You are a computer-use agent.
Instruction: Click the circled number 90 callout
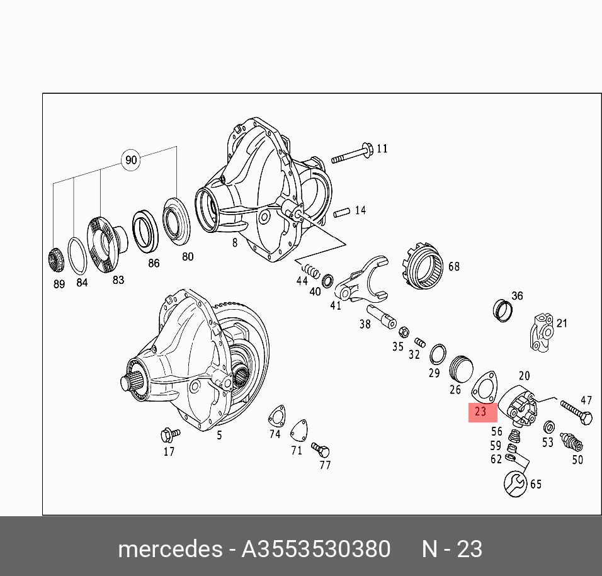pos(131,160)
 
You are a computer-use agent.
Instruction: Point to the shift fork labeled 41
pos(361,279)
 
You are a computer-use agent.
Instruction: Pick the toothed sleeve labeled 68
pos(423,265)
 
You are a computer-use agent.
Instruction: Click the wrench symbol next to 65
pos(515,484)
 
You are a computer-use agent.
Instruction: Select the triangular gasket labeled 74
pos(277,415)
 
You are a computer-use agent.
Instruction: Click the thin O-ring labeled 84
pos(77,256)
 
